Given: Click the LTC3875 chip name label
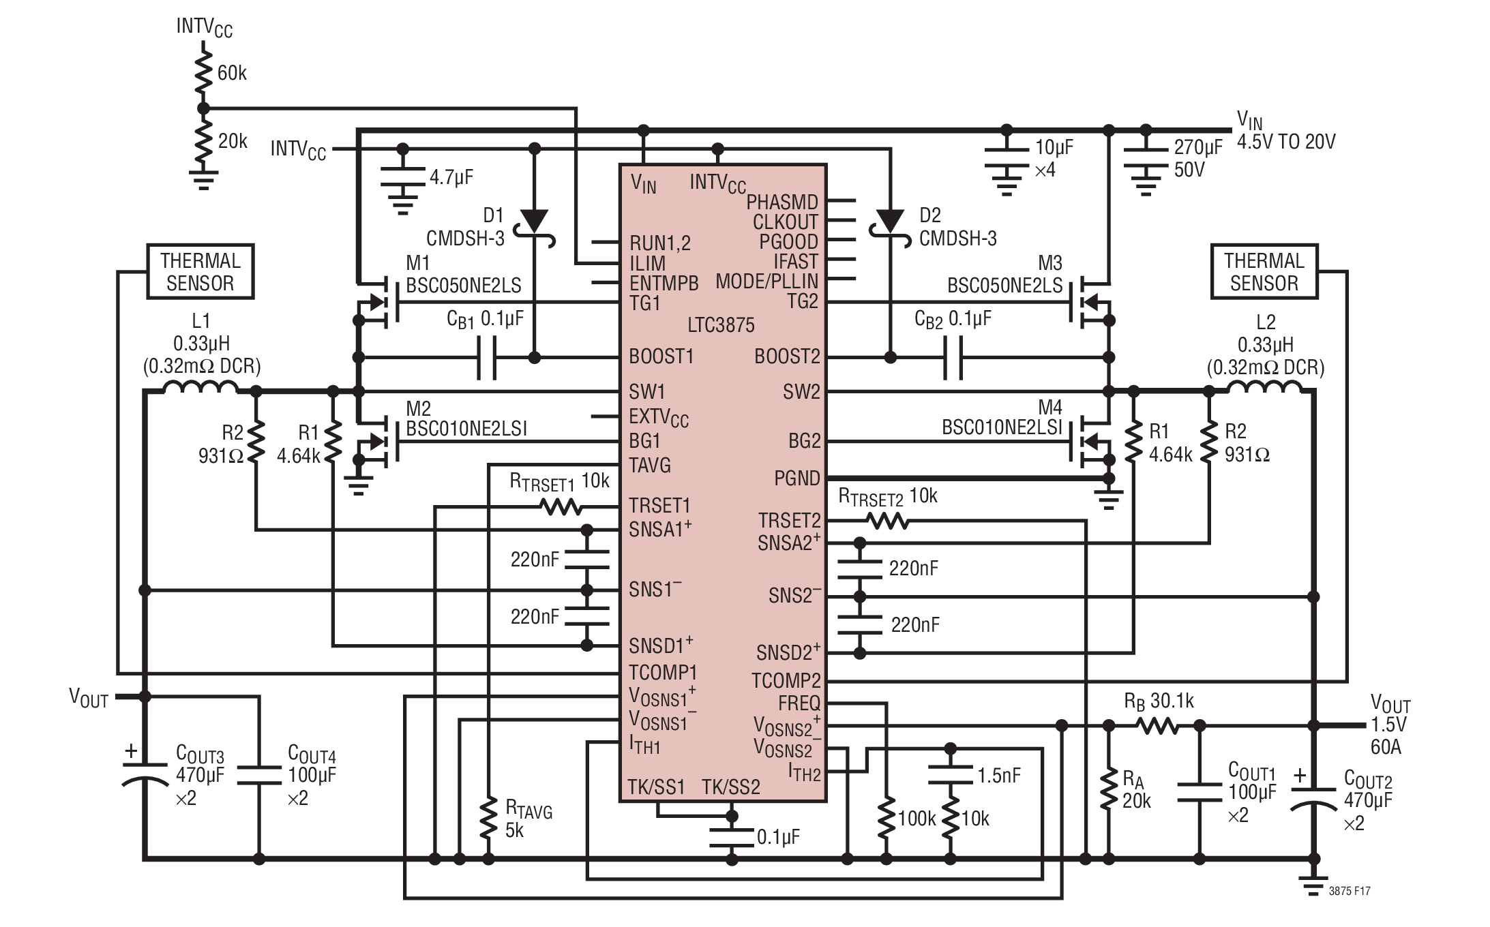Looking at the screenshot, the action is pyautogui.click(x=721, y=324).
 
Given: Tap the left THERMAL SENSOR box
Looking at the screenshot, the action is pyautogui.click(x=200, y=271).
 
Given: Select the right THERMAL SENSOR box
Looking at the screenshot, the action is pyautogui.click(x=1264, y=271).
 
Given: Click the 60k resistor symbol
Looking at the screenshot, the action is pyautogui.click(x=203, y=72).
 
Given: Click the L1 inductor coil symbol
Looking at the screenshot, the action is pyautogui.click(x=201, y=387).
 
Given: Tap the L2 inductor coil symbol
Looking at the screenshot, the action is pyautogui.click(x=1266, y=387).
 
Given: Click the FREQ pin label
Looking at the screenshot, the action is pyautogui.click(x=799, y=703).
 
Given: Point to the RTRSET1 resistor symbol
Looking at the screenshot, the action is pyautogui.click(x=561, y=506).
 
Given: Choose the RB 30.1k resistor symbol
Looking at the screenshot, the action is pyautogui.click(x=1157, y=727).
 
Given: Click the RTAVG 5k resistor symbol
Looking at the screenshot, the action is pyautogui.click(x=488, y=820).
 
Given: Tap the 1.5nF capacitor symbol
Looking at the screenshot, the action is pyautogui.click(x=950, y=775).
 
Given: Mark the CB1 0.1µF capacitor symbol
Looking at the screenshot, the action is pyautogui.click(x=486, y=357).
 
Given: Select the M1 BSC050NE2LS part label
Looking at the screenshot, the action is pyautogui.click(x=464, y=275).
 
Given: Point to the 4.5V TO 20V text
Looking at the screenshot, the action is pyautogui.click(x=1286, y=142).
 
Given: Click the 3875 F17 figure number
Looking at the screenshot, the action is pyautogui.click(x=1350, y=891).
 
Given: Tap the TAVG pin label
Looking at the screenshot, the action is pyautogui.click(x=650, y=466).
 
